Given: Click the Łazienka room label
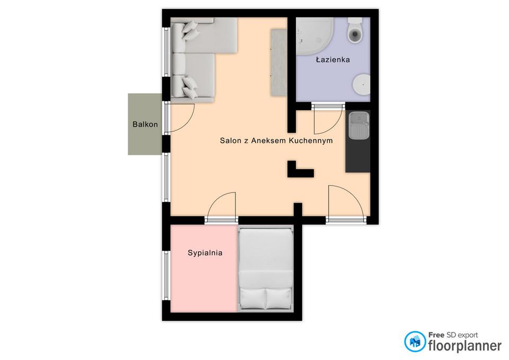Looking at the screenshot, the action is (333, 59).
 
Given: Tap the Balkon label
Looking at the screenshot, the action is (145, 124).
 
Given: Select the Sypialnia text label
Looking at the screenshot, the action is (205, 253).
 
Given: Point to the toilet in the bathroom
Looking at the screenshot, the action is (355, 30).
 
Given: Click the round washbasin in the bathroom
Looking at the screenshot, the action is (361, 84).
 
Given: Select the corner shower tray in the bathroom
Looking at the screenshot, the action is (314, 36).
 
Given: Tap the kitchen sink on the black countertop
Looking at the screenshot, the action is (358, 125).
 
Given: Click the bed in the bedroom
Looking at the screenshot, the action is (266, 269).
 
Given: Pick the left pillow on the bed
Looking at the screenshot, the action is (252, 298).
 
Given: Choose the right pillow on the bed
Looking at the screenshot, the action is (278, 298).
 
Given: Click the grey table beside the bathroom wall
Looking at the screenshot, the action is (278, 63).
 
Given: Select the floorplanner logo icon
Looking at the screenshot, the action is (415, 341).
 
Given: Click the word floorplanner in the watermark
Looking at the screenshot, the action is (465, 346).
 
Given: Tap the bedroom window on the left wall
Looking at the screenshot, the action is (166, 276).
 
